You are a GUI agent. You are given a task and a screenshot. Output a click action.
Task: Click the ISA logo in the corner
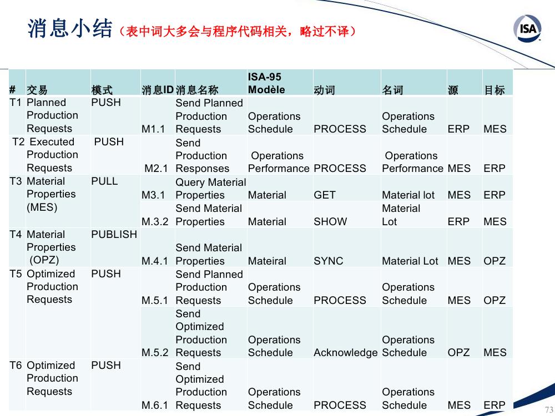pos(527,28)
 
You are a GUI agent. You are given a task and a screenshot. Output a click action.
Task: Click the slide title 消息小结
pos(70,29)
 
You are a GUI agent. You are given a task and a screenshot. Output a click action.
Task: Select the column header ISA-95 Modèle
pos(266,83)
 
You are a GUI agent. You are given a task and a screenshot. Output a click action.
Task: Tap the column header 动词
pos(324,90)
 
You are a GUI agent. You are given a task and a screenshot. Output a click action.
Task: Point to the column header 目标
pos(495,90)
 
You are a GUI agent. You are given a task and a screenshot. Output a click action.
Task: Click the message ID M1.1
pos(153,129)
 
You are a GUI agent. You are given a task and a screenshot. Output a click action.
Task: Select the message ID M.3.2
pos(155,222)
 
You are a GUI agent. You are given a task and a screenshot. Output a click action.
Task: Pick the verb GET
pos(324,195)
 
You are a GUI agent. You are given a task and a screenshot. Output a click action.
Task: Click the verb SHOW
pos(330,222)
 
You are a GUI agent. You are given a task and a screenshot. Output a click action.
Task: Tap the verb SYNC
pos(329,261)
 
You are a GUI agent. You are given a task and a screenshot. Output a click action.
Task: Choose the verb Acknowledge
pos(345,353)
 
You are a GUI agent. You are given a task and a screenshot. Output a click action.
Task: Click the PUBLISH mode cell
pos(114,234)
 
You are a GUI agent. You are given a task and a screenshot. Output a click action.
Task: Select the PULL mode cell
pos(104,181)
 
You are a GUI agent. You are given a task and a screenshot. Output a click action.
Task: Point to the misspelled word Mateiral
pos(267,261)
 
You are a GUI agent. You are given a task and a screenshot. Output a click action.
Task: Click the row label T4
pos(16,234)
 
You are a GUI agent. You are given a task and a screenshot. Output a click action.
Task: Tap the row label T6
pos(16,365)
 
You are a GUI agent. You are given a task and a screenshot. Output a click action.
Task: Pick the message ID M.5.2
pos(155,353)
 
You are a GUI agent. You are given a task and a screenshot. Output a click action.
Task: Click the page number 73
pos(549,409)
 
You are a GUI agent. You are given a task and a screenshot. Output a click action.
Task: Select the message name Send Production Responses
pos(203,156)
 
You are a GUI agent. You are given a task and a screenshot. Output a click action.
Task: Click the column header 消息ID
pos(158,90)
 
